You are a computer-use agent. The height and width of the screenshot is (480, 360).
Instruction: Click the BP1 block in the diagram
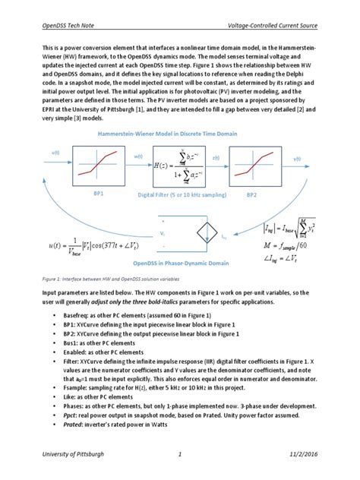click(x=99, y=164)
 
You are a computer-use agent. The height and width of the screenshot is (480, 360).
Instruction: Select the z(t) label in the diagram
click(x=216, y=157)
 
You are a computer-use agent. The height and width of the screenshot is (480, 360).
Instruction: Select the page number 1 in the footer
click(x=180, y=453)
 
